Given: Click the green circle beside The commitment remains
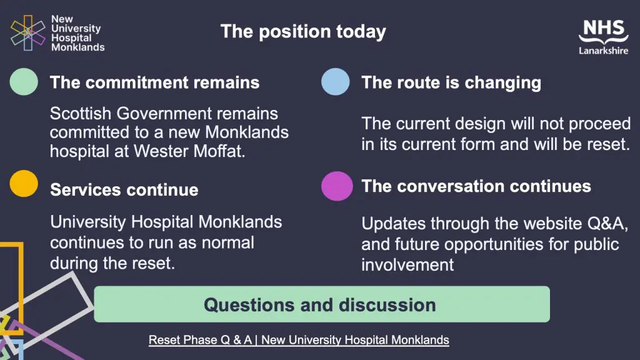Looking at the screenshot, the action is coord(24,82).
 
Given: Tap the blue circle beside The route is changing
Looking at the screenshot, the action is coord(336,82).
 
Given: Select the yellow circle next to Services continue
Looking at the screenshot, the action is coord(24,184).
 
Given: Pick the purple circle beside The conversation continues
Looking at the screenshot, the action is coord(337,186).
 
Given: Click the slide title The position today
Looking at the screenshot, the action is coord(303,31).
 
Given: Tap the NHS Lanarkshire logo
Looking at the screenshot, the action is coord(603,37).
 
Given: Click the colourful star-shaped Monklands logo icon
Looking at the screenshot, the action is coord(27,33).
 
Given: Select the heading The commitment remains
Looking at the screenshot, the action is coord(155,82).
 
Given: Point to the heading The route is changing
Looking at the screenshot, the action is coord(451,82).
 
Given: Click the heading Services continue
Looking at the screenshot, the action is coord(124,190).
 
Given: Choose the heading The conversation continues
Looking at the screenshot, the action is coord(476,186).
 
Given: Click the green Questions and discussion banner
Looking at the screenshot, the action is coord(322,304).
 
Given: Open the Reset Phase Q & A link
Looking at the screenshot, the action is coord(299,340).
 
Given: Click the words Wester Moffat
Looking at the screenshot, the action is coord(189,151).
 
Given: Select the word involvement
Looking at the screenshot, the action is coord(407,265).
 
